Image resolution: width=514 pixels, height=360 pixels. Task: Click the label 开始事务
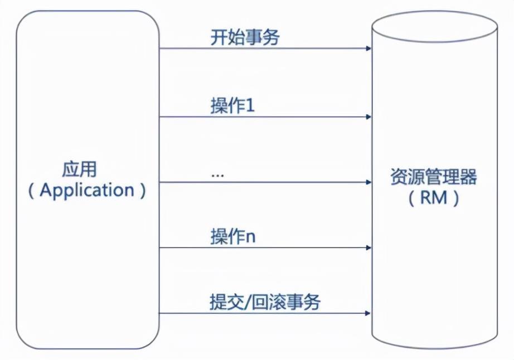(245, 38)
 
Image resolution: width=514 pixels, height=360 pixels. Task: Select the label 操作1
(232, 107)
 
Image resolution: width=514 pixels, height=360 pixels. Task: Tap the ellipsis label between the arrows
(217, 174)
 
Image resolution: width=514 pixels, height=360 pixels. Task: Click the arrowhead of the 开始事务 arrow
(368, 48)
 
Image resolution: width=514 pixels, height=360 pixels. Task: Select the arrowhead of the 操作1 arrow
(368, 117)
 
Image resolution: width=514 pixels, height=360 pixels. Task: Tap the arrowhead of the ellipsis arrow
(368, 182)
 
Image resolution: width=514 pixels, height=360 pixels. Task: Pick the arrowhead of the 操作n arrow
(368, 247)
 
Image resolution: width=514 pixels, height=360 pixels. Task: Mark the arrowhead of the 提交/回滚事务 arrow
(368, 313)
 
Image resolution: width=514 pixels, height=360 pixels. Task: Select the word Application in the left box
(87, 191)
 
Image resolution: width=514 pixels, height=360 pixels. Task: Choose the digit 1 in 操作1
(250, 107)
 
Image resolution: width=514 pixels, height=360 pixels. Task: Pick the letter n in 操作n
(251, 238)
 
